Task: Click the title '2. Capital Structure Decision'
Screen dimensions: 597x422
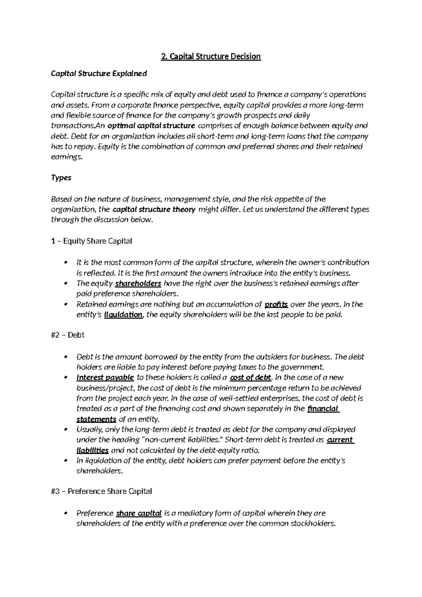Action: click(x=211, y=57)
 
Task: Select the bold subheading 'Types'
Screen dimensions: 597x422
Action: click(x=61, y=178)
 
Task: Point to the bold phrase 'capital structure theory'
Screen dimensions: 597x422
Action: click(x=154, y=210)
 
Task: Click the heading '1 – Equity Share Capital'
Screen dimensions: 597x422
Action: click(x=91, y=241)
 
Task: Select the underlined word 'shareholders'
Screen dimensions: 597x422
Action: click(x=138, y=283)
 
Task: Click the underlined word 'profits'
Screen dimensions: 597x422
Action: click(x=276, y=304)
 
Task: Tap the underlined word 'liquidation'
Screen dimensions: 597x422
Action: click(x=123, y=315)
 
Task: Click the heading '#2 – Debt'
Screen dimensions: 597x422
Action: click(x=68, y=335)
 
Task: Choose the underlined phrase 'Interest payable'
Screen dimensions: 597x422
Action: click(x=105, y=378)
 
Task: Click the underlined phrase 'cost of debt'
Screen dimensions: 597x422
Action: click(x=250, y=378)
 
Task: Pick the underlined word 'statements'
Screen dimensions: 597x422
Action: click(x=96, y=420)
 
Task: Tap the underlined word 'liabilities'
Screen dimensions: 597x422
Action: click(x=92, y=451)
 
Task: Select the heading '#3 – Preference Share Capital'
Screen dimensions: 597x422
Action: click(x=101, y=491)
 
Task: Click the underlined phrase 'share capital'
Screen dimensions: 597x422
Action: click(x=139, y=513)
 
